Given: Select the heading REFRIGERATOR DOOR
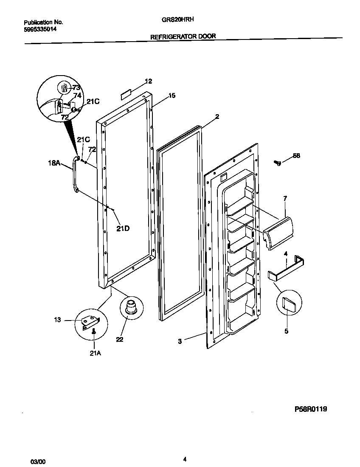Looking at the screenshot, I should [183, 37].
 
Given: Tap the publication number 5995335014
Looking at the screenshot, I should [40, 29].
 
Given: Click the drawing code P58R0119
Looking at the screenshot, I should [311, 409].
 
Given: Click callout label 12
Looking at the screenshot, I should [148, 81].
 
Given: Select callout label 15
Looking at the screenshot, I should [172, 96].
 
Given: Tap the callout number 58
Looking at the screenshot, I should [296, 156].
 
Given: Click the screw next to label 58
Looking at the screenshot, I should [278, 162].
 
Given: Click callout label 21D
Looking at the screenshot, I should [123, 228].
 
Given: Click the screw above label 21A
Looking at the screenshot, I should [94, 334].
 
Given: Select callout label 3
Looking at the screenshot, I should [180, 341].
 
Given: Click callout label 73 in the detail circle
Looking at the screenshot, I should [76, 88].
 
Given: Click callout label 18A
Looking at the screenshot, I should [54, 162].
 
